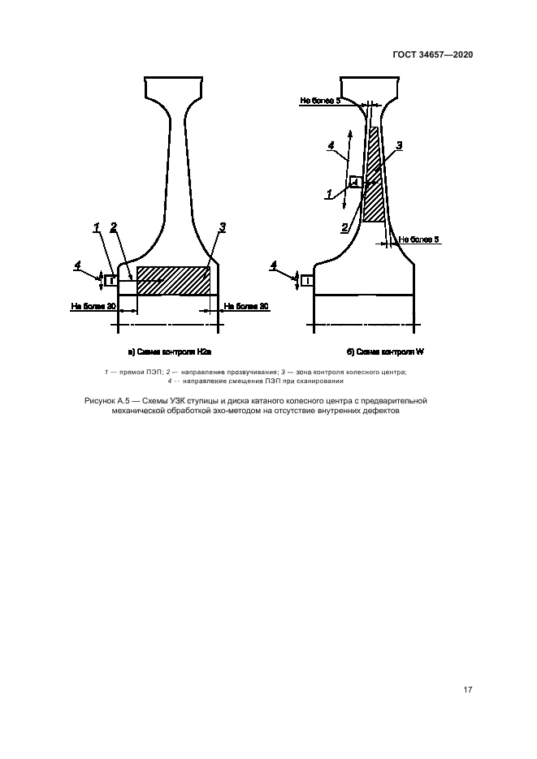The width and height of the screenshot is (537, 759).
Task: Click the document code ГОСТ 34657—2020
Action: pos(432,54)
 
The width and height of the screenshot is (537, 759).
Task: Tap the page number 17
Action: pos(467,690)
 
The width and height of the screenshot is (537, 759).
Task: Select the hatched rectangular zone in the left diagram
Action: pos(173,281)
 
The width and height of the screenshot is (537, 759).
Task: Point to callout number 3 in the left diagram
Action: pos(223,227)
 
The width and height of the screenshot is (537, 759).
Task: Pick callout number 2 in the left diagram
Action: pos(114,227)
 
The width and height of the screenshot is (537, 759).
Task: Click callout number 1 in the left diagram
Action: pos(97,227)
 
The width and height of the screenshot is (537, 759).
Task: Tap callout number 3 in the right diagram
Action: pos(399,145)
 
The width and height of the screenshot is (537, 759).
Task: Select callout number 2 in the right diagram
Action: pos(344,227)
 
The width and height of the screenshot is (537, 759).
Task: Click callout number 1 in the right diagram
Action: pos(329,194)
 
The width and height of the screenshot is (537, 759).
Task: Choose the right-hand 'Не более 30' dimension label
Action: pos(246,306)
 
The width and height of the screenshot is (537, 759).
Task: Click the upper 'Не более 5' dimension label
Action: pos(320,101)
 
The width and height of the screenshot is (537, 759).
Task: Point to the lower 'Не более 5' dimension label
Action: pos(419,239)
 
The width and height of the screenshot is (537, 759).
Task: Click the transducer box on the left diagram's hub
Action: pos(110,280)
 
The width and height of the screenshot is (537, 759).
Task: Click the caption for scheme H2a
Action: pos(170,352)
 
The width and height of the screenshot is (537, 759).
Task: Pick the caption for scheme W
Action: pos(385,352)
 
